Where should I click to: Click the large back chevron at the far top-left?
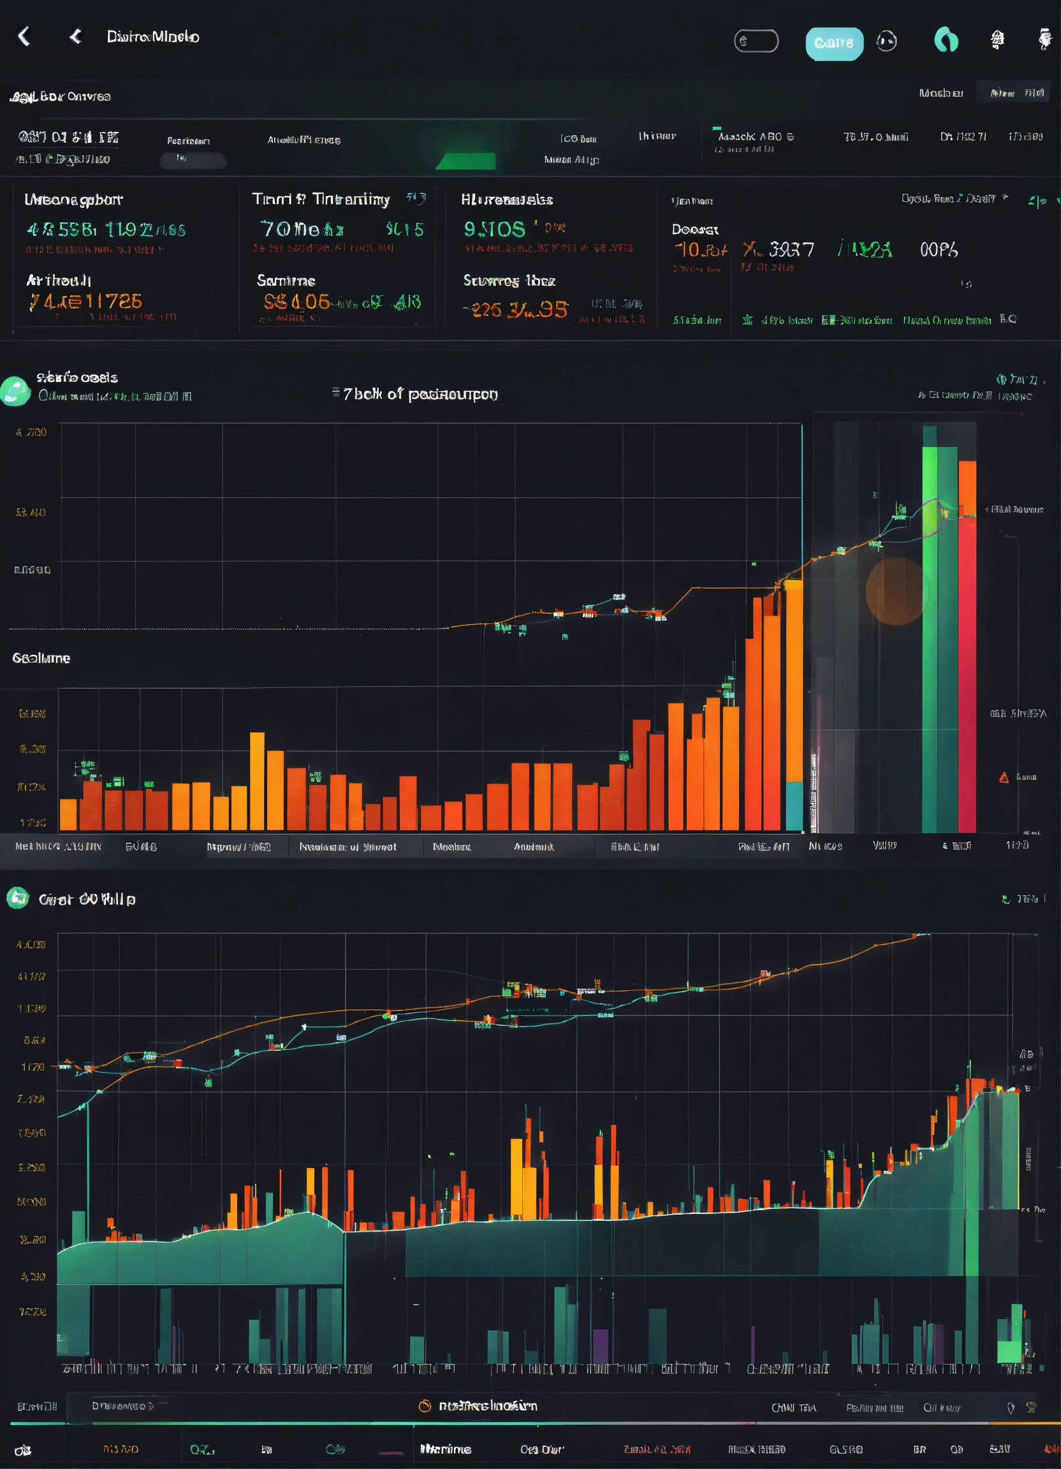(24, 36)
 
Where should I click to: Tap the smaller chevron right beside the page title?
(76, 36)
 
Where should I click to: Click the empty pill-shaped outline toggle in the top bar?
(756, 41)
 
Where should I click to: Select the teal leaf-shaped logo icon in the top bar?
(946, 40)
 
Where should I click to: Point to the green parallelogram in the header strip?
(467, 161)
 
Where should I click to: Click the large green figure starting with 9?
(494, 229)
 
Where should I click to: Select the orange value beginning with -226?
(516, 310)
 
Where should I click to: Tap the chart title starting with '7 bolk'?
(420, 394)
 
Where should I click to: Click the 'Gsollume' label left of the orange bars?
(41, 658)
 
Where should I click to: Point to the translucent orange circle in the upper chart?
(896, 590)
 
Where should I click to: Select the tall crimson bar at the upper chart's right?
(967, 674)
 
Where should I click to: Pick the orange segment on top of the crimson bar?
(967, 488)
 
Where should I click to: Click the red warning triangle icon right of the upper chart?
(1004, 777)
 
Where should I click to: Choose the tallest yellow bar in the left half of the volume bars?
(257, 780)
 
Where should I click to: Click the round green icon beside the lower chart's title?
(17, 898)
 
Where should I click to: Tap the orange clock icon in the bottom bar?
(425, 1405)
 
